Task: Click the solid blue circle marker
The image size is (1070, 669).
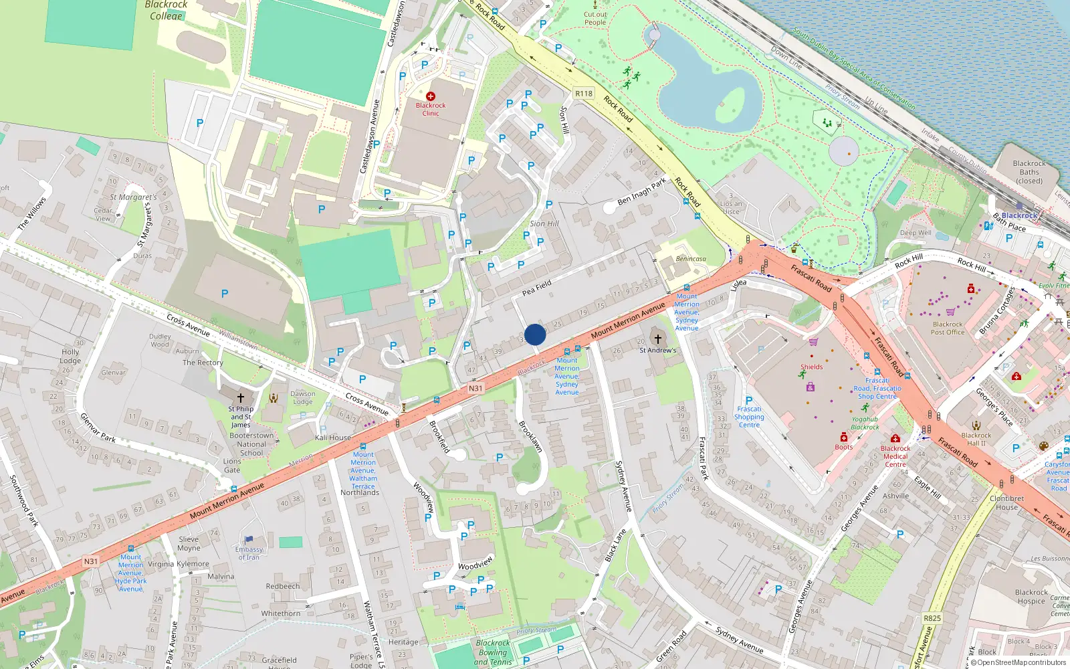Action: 535,334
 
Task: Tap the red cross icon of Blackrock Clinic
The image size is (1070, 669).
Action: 431,96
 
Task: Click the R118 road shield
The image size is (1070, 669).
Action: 584,94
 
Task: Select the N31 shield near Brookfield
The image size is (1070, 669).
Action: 475,388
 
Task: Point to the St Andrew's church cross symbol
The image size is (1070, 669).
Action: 658,339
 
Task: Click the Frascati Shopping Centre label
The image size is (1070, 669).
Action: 749,417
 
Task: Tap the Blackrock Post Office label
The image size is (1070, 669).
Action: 948,328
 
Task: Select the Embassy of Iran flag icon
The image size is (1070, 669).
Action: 249,539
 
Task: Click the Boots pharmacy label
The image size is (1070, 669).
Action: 844,447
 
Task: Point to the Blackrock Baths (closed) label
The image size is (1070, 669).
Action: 1029,172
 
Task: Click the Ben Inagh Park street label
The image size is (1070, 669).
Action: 642,191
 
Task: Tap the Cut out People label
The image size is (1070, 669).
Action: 595,18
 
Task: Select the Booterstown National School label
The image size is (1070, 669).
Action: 251,444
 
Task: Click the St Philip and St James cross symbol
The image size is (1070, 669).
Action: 241,397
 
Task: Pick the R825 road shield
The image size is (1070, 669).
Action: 932,618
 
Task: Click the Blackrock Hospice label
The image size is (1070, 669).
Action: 1031,596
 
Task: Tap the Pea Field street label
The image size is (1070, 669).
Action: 537,288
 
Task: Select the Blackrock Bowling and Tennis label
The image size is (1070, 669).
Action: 493,652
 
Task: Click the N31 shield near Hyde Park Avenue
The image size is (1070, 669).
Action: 91,561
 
